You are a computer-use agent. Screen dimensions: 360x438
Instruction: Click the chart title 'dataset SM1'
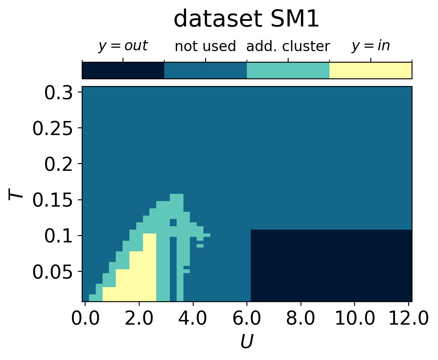[246, 20]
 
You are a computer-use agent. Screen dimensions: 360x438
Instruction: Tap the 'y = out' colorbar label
[123, 46]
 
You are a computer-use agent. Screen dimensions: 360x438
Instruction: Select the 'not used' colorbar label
[205, 46]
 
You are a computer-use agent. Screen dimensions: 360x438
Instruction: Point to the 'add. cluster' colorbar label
[288, 46]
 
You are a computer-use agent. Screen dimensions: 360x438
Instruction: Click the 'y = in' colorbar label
[370, 46]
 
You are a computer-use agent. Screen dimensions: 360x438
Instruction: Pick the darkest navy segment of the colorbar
[123, 70]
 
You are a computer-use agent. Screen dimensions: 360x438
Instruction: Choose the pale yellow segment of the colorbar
[370, 70]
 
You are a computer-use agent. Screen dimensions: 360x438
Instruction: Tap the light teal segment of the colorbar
[288, 70]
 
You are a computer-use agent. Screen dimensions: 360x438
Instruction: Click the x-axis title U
[246, 342]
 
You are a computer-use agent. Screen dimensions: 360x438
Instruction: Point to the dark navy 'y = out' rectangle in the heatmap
[331, 265]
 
